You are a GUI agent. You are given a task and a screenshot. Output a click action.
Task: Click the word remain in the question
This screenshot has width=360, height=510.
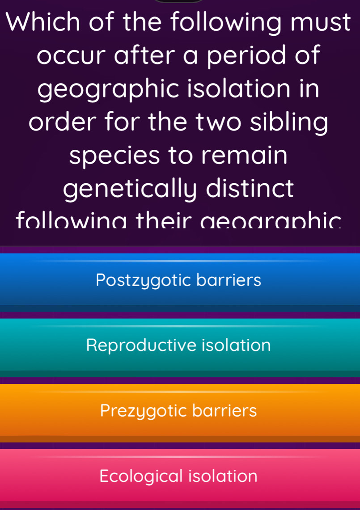[250, 155]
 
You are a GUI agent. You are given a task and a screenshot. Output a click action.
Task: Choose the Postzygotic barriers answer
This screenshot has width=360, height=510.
[179, 280]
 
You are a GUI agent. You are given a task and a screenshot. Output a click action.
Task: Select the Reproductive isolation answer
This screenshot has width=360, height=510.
[179, 345]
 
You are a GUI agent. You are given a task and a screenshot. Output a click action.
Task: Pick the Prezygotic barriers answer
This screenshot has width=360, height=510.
[179, 410]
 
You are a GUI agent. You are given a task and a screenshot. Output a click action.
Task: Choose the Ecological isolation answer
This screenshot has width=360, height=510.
[179, 475]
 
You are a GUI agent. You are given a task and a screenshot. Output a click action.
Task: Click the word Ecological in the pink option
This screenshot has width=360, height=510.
[141, 475]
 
